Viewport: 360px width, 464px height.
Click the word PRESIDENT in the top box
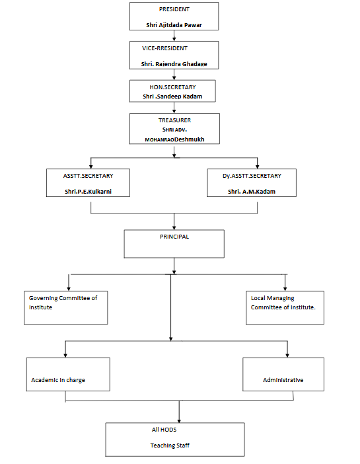point(174,9)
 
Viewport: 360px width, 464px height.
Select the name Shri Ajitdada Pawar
point(174,25)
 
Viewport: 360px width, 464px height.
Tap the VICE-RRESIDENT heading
point(164,48)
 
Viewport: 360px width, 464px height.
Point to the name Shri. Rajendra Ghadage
point(174,64)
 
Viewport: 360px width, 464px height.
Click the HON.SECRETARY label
point(173,87)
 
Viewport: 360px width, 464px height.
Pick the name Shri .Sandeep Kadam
point(172,97)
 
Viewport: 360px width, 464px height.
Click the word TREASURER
point(174,120)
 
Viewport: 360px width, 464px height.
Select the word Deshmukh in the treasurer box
point(190,139)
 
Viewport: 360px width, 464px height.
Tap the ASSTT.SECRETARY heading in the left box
point(88,176)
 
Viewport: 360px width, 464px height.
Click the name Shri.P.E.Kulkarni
point(88,192)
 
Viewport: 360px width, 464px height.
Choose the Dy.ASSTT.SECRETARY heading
point(252,176)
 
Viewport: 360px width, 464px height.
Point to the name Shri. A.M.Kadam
point(252,192)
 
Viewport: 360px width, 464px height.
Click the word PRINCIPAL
point(174,237)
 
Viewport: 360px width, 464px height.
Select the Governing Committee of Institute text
point(63,303)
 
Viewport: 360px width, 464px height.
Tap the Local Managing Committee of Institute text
point(283,303)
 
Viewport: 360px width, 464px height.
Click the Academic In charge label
point(58,380)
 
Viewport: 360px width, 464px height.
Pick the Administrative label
point(283,380)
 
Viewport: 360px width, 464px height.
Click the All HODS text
point(164,430)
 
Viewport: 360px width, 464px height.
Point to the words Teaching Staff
point(170,445)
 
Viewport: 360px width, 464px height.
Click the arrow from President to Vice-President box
point(174,36)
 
